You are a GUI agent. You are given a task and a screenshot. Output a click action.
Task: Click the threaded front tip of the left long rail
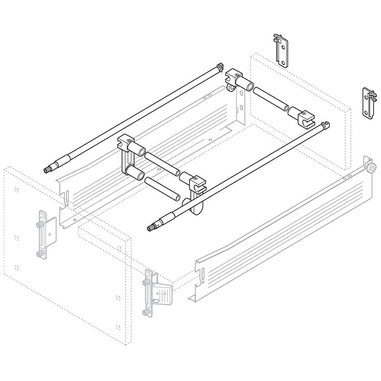pos(48,170)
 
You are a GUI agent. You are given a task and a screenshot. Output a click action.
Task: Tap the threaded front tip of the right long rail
pos(150,228)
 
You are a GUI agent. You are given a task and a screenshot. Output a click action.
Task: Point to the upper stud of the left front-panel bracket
pos(40,225)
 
